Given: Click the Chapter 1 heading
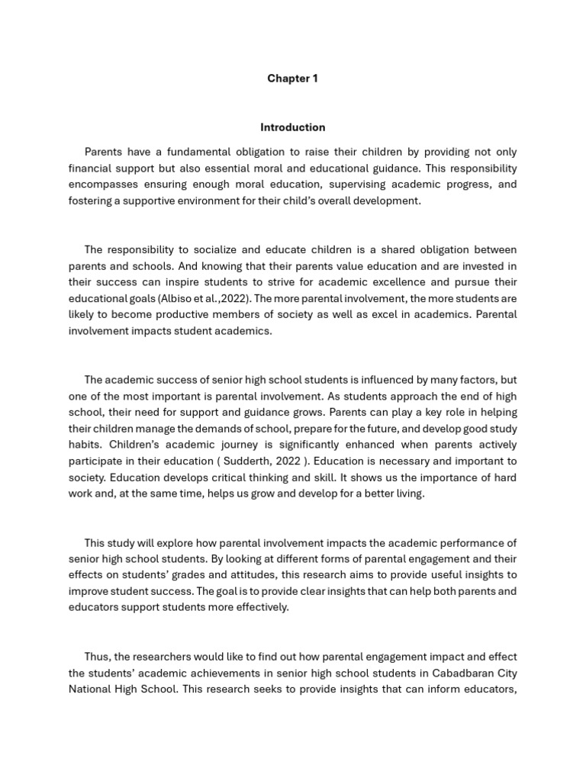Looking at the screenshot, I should pos(292,79).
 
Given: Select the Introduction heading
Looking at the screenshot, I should pos(292,127).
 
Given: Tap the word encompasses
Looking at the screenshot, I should pos(104,184).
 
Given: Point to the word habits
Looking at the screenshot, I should pos(85,445).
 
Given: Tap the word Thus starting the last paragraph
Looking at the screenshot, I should pos(97,657).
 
